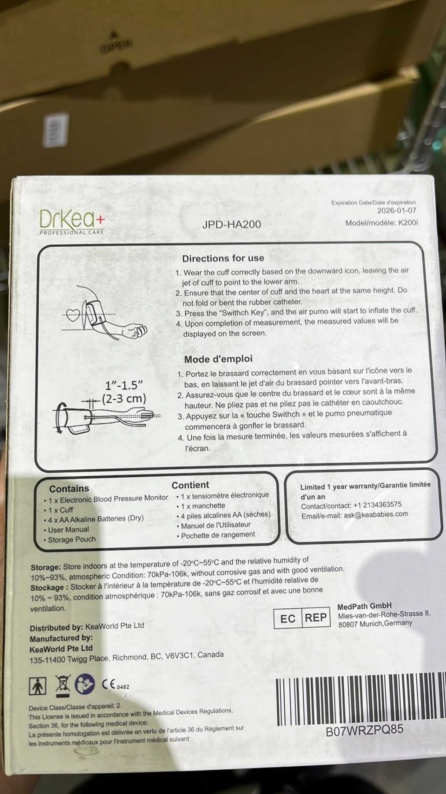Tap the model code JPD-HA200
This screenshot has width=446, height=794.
coord(231,224)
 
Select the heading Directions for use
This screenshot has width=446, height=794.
coord(223,258)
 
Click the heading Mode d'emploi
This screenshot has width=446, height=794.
coord(218,359)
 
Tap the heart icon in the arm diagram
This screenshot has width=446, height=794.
coord(73,315)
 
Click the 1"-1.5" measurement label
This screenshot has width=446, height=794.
coord(124,385)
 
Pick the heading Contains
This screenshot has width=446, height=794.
coord(69,488)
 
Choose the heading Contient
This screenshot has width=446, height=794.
coord(190,485)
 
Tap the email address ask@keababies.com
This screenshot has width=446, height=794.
coord(376,514)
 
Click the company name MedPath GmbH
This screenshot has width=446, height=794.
coord(364,606)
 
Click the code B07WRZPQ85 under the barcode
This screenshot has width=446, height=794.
coord(364,730)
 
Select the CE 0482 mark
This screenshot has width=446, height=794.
coord(115,685)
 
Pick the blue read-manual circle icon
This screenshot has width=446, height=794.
coord(85,684)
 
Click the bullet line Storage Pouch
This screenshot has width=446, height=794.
coord(71,539)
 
